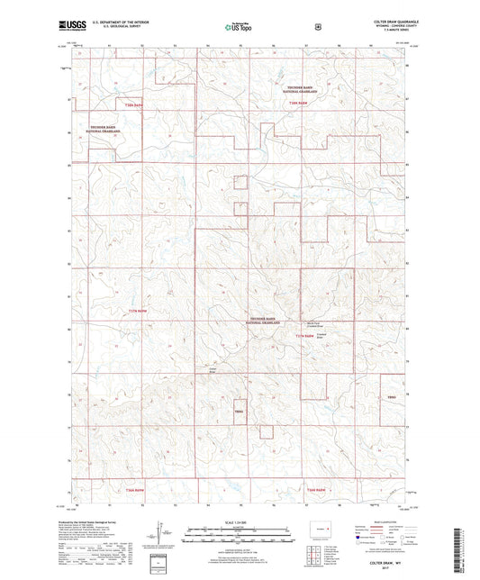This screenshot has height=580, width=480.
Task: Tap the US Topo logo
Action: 238,28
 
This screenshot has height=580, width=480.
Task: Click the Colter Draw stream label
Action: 213,370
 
